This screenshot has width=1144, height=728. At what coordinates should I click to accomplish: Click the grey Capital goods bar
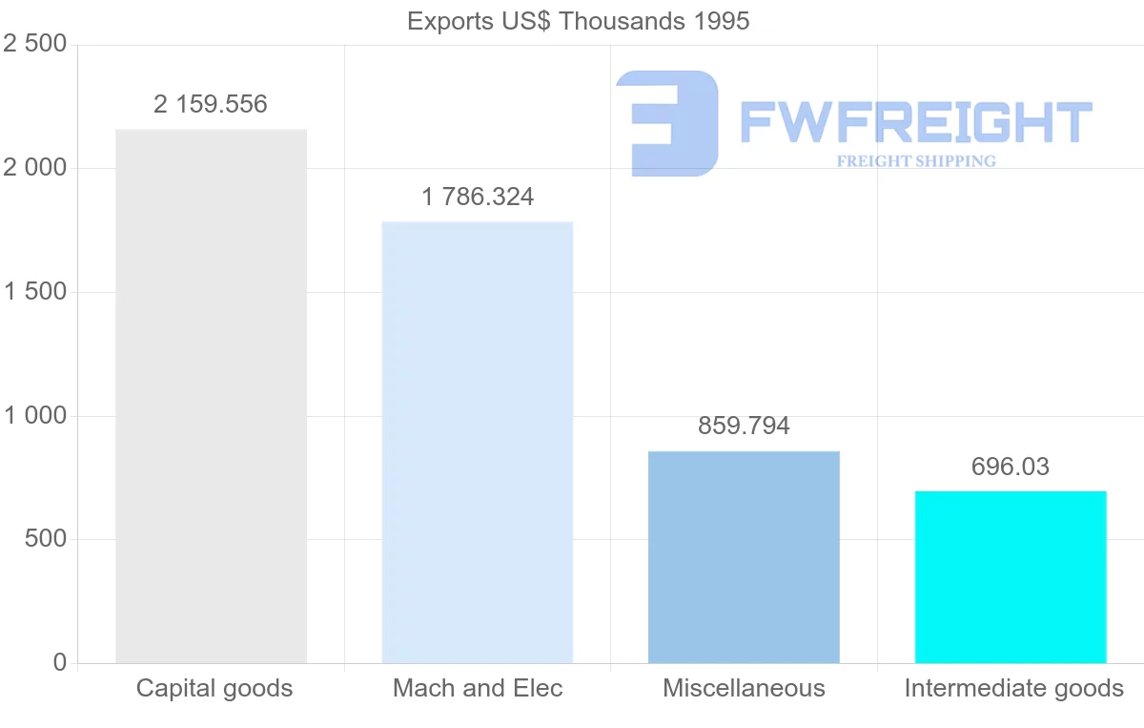(x=211, y=396)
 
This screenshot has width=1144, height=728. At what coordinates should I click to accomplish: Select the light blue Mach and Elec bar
(x=477, y=443)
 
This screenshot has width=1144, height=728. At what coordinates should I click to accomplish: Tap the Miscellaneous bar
(x=744, y=557)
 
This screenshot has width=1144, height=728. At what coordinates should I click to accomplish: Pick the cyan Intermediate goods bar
(x=1011, y=577)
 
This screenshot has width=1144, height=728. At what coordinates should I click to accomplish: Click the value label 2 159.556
(x=211, y=104)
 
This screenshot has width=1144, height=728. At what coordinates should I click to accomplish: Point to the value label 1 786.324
(x=478, y=198)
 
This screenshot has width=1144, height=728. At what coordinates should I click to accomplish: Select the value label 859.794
(x=744, y=426)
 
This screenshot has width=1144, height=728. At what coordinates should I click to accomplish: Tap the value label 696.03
(x=1011, y=467)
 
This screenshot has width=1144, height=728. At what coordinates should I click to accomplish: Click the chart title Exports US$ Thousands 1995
(x=579, y=21)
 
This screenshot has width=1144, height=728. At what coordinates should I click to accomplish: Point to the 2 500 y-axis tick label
(x=35, y=45)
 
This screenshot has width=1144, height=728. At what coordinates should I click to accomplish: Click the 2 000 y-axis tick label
(x=35, y=169)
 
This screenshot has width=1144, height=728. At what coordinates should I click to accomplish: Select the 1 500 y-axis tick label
(x=35, y=292)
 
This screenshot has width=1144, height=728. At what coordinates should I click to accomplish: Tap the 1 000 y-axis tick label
(x=35, y=416)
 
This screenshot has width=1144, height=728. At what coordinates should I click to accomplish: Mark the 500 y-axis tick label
(x=45, y=539)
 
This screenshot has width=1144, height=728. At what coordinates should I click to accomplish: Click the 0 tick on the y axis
(x=60, y=663)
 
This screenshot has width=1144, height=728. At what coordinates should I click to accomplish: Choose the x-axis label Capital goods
(x=214, y=688)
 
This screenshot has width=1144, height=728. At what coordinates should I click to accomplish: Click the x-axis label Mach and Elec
(x=478, y=688)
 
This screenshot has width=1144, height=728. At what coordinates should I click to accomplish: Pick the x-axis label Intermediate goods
(x=1013, y=688)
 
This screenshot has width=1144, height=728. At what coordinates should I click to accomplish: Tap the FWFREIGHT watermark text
(x=915, y=122)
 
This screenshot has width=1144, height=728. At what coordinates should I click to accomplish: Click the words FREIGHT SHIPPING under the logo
(x=915, y=161)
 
